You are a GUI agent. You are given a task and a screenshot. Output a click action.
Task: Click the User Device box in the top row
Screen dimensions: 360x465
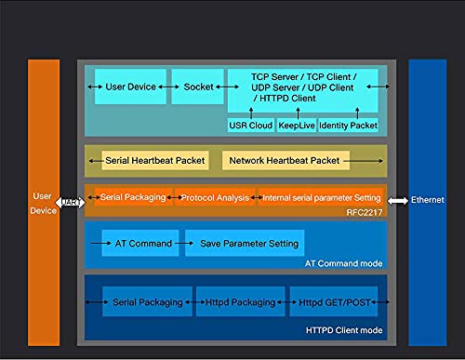[x=130, y=87]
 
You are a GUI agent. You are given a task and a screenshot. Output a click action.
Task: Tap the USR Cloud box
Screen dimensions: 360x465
[x=249, y=125]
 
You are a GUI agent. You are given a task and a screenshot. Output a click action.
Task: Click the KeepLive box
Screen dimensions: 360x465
[x=296, y=125]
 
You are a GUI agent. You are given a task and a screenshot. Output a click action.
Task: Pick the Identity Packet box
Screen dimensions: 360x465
[x=348, y=125]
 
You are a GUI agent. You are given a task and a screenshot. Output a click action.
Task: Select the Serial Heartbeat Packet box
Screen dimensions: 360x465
[x=155, y=161]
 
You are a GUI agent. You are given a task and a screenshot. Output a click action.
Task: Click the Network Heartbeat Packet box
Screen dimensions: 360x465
[x=286, y=161]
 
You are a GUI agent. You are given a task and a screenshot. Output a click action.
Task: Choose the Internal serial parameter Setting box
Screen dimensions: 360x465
[x=320, y=198]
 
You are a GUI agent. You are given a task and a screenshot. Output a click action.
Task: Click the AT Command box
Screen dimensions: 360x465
[x=137, y=244]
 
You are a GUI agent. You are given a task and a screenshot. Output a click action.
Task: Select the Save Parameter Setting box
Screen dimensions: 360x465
[x=245, y=244]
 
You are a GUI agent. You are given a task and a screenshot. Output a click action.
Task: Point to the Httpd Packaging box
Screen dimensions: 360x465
[x=234, y=302]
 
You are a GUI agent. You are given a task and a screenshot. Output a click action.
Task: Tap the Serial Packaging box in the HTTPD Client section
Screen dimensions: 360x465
[x=144, y=302]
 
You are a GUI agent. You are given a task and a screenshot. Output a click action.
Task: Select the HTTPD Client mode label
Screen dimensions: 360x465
[x=343, y=331]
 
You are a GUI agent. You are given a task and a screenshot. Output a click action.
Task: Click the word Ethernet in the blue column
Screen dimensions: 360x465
[x=428, y=200]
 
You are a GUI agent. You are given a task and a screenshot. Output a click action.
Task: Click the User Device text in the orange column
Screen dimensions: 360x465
[x=44, y=203]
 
